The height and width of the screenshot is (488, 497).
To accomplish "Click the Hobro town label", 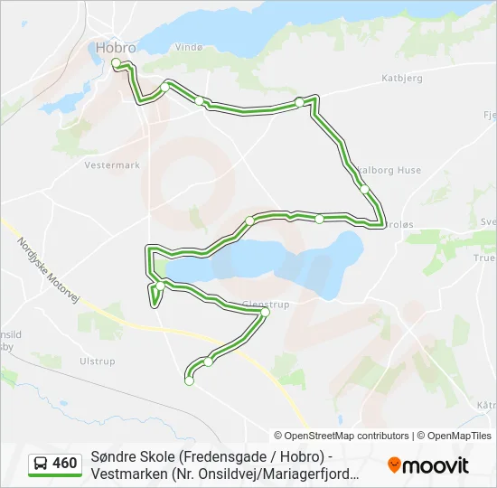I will point(117,48).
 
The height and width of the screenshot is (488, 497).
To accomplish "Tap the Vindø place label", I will point(189,47).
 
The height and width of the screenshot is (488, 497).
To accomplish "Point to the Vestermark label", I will point(112,165).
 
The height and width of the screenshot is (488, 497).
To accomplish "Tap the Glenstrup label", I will point(266,305).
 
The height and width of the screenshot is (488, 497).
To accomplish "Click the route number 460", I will point(64,464).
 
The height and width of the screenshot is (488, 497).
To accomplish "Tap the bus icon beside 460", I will point(41,464).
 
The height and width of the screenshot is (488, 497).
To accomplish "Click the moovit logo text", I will point(436,466).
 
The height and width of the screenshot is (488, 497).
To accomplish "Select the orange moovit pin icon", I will point(394,465).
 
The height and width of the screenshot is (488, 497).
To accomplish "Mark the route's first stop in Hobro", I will point(116,62).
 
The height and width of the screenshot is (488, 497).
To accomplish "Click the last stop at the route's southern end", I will point(189,381).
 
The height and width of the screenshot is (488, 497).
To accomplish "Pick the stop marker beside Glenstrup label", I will point(265,313).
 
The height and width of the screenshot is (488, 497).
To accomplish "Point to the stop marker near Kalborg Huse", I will point(364,189).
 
